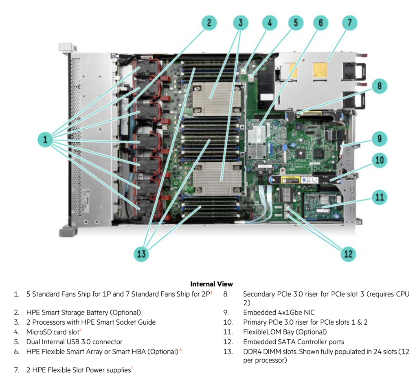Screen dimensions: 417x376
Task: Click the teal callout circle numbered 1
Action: point(45,139)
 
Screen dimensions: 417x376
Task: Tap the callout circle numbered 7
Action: point(350,23)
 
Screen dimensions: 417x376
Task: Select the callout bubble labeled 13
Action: point(141,254)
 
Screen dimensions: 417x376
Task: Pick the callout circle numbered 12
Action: point(348,254)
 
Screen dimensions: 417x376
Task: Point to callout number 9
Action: point(379,139)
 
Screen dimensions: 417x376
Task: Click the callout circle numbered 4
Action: point(270,23)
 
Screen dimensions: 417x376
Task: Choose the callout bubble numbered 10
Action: point(379,160)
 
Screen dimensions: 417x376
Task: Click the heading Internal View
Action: point(212,284)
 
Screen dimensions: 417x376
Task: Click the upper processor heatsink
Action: point(217,99)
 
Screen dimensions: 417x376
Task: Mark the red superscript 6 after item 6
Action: point(180,350)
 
